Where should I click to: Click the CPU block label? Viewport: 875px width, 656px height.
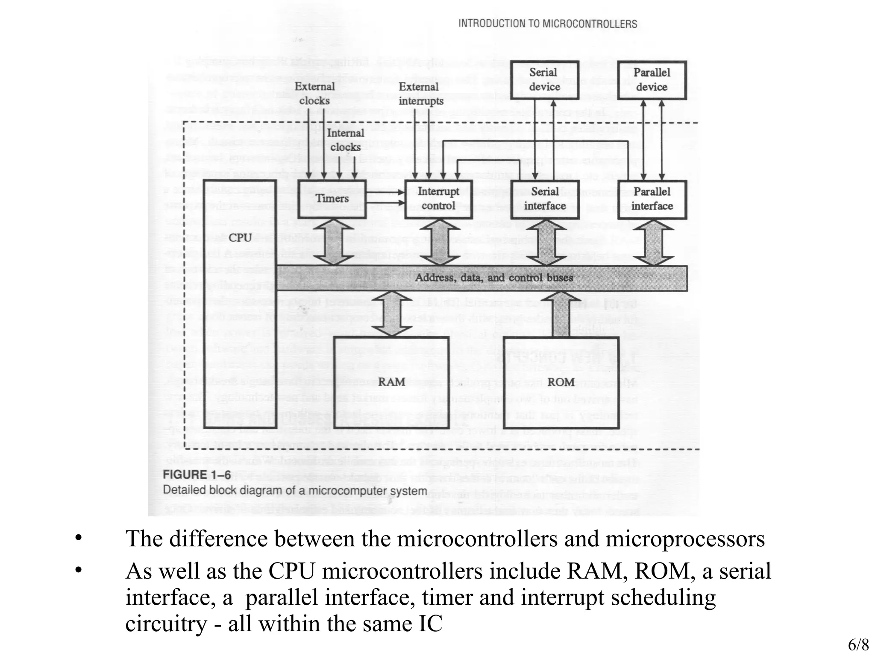241,237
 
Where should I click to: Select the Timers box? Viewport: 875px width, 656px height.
332,199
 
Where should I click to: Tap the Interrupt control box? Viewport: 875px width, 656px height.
438,199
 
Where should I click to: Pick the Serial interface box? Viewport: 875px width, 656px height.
545,199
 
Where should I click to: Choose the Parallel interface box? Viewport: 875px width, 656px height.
652,199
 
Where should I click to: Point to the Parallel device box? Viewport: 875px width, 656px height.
652,80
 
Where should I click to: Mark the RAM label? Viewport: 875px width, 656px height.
391,382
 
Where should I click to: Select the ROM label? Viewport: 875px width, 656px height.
561,382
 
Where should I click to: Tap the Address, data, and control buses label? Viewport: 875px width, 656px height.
494,278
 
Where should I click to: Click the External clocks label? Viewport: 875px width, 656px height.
315,94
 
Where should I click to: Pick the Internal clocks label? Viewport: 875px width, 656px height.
345,140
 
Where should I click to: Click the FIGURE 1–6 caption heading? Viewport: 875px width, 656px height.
197,475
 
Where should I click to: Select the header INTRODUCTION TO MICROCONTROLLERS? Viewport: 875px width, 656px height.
548,24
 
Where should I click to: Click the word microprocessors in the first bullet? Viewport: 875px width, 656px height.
685,539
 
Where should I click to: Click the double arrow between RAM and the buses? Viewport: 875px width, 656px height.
391,314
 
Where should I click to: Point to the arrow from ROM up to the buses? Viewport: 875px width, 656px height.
561,314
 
